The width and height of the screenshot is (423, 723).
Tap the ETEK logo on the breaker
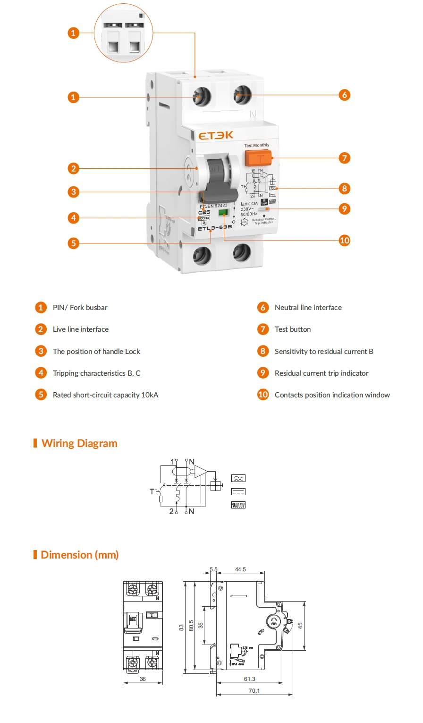click(216, 136)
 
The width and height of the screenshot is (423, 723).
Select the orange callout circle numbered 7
click(345, 158)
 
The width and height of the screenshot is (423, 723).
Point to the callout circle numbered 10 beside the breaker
click(345, 241)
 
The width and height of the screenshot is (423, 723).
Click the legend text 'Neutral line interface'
click(308, 308)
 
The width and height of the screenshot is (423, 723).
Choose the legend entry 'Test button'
click(293, 329)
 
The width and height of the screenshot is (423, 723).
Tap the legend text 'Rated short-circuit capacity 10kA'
click(105, 395)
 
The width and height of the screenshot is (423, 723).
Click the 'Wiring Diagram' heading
click(79, 443)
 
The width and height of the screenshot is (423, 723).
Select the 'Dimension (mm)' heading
click(79, 555)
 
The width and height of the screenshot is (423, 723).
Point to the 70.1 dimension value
click(254, 691)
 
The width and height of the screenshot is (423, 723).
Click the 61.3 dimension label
click(249, 679)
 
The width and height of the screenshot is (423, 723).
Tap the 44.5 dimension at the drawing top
click(240, 569)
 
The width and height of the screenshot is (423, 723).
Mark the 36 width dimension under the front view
click(143, 679)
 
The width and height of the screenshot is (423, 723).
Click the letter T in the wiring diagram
click(152, 491)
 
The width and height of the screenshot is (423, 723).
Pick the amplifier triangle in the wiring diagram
click(200, 471)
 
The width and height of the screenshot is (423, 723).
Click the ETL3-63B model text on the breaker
click(215, 228)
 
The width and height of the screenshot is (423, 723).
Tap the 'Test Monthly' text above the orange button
click(257, 146)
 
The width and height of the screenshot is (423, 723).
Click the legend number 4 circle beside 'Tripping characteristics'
click(41, 373)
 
